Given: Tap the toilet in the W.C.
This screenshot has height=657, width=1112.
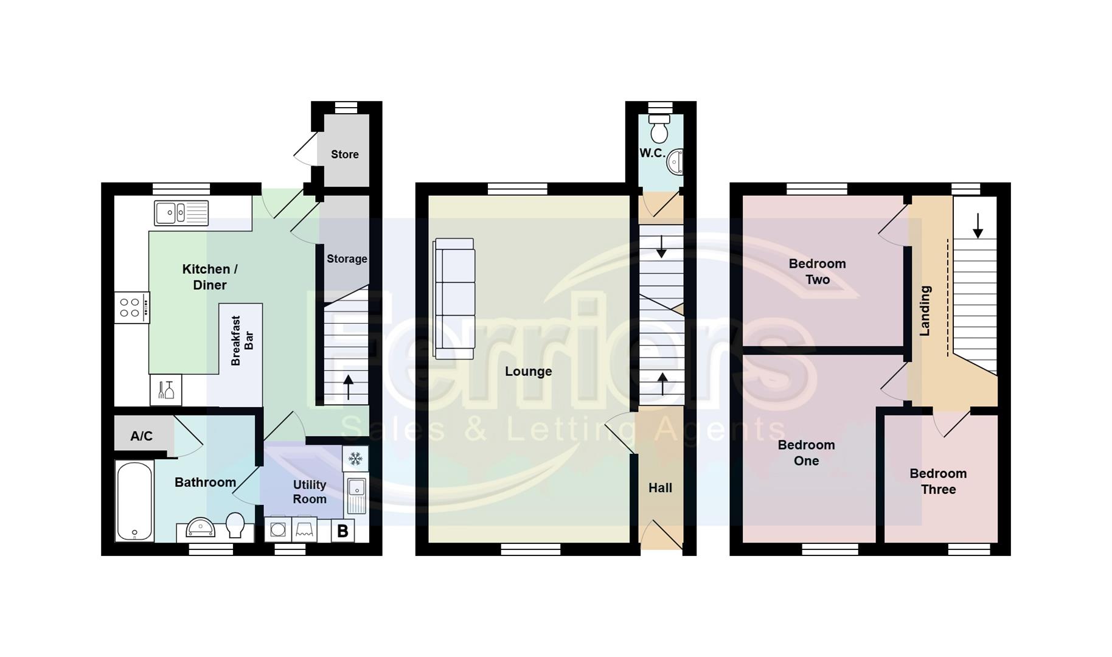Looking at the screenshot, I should [659, 129].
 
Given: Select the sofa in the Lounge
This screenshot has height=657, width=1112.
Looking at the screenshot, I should [454, 298].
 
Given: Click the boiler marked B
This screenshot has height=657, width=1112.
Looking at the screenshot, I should [342, 531].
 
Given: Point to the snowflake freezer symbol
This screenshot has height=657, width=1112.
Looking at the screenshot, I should [355, 458].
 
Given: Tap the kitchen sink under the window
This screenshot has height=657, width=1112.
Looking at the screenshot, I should [181, 213].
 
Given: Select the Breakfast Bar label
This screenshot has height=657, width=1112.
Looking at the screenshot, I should [242, 341].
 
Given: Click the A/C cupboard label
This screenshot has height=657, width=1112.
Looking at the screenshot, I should [141, 436].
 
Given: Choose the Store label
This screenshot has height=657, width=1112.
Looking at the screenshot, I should [345, 155].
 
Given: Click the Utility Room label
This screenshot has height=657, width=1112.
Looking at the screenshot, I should [310, 492].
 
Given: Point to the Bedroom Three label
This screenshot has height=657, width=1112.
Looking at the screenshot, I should [938, 481].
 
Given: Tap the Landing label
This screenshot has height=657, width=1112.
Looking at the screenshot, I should [925, 311].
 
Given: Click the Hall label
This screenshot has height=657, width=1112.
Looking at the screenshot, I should [660, 488].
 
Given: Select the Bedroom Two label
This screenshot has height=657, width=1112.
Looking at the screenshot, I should [817, 271].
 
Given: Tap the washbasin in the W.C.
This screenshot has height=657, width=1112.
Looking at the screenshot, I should [674, 162].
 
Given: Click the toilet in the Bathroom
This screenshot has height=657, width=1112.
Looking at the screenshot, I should [235, 524].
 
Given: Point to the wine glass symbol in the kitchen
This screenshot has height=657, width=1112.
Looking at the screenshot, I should [166, 389].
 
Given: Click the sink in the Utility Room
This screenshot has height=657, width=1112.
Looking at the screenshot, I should [356, 495].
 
